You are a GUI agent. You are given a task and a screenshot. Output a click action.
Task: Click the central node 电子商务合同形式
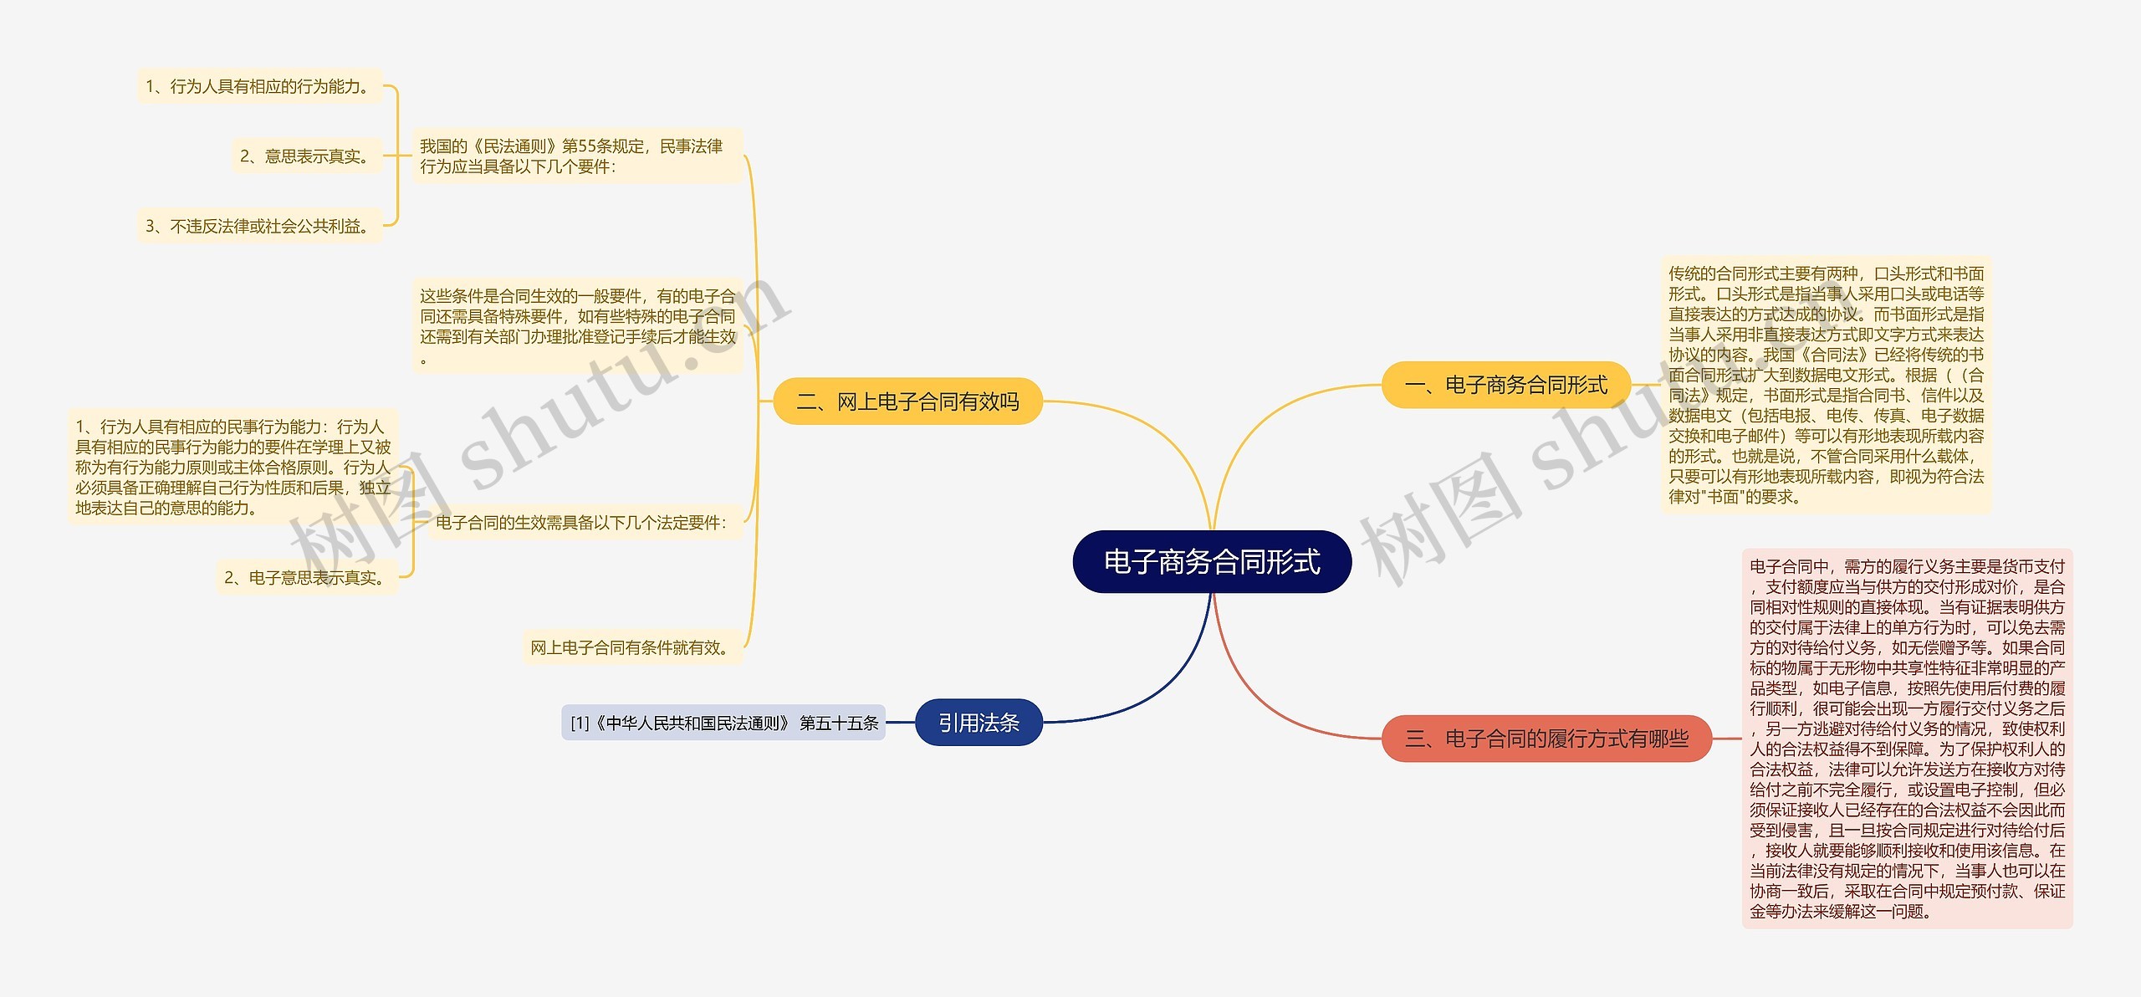(1212, 562)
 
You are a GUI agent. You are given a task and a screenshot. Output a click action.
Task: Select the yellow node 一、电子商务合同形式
(1505, 385)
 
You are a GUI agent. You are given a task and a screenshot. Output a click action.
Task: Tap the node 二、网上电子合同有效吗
(907, 401)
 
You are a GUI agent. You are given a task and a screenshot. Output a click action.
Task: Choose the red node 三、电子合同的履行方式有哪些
(1546, 739)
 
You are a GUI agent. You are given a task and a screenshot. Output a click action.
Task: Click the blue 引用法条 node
(979, 723)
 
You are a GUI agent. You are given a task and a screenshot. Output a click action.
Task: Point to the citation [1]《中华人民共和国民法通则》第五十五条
(723, 723)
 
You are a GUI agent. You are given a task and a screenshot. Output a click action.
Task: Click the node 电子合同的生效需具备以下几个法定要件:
(582, 523)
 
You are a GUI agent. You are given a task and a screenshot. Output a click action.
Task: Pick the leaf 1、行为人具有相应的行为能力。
(259, 86)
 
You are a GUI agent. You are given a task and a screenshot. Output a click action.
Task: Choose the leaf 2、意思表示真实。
(306, 156)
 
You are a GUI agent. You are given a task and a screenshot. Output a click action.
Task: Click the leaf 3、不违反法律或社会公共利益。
(259, 226)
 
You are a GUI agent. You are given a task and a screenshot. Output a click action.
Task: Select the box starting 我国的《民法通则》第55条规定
(577, 156)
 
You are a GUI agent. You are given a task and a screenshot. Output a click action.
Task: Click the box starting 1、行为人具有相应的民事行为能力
(232, 467)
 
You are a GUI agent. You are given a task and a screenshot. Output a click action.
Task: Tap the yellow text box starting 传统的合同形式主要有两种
(1826, 385)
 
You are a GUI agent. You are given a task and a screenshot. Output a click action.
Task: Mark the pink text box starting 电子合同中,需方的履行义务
(1907, 739)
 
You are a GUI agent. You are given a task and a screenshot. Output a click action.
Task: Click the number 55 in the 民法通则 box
(586, 146)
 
